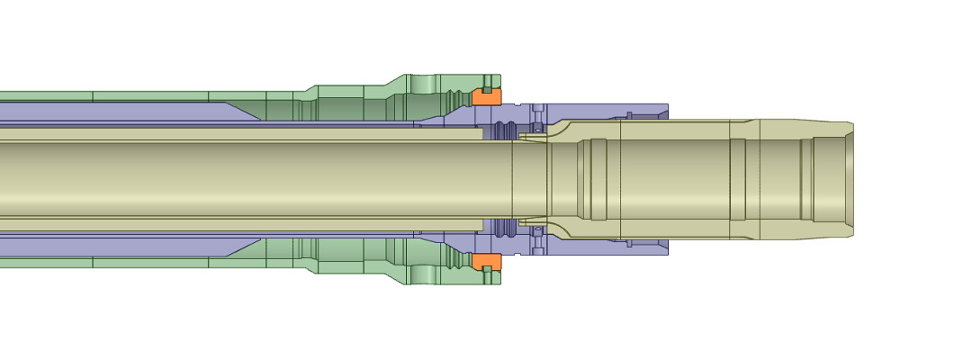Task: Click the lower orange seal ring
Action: [x=487, y=261]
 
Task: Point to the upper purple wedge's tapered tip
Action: [x=257, y=114]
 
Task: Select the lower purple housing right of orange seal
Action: [x=603, y=246]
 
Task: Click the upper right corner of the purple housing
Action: [x=666, y=105]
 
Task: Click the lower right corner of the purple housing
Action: [x=666, y=253]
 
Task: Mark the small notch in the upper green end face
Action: [x=487, y=90]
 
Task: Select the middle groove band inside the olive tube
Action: [x=737, y=179]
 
